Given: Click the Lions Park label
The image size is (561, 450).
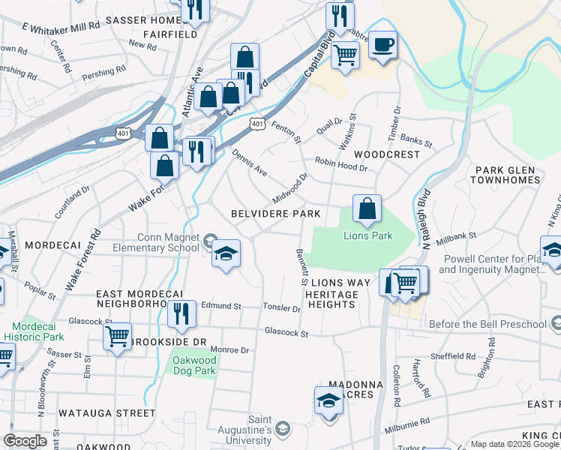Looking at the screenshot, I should [x=367, y=235].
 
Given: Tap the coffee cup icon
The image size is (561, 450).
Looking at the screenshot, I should [x=382, y=44].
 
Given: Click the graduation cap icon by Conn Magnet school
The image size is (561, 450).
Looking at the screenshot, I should [x=226, y=254].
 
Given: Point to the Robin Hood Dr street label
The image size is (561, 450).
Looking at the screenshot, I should [x=340, y=164].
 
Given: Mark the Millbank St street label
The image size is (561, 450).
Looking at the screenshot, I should [x=455, y=237].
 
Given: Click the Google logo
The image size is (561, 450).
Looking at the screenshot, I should [x=25, y=441].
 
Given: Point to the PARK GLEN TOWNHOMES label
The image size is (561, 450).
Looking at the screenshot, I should [x=505, y=175].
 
